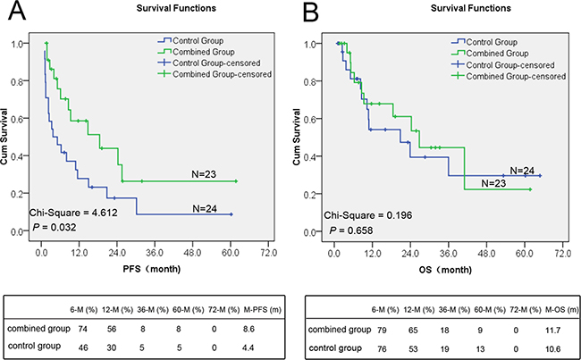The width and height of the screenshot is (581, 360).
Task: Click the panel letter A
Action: (x=17, y=11)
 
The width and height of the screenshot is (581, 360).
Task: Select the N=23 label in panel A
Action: (x=204, y=173)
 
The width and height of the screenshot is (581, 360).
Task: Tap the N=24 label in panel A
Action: (x=205, y=209)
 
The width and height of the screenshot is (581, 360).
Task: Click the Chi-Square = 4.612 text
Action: (x=73, y=213)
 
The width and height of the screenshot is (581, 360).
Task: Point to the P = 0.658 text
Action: (x=351, y=230)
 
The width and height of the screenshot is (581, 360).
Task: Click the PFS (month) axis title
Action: (x=152, y=269)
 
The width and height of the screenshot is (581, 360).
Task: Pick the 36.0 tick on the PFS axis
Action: (x=155, y=253)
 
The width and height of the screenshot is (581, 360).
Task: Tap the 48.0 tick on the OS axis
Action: (x=486, y=254)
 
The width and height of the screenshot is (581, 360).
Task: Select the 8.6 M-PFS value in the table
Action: (x=248, y=329)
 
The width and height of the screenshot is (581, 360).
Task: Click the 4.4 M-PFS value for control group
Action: (x=248, y=347)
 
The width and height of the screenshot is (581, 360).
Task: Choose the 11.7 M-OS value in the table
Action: (x=552, y=330)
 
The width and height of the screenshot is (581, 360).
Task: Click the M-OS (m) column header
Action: (x=560, y=310)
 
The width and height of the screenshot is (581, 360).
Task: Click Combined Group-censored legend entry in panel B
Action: (x=509, y=76)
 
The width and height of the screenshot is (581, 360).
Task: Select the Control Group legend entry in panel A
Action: (x=190, y=41)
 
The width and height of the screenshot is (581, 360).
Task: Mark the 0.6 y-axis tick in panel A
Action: (x=17, y=119)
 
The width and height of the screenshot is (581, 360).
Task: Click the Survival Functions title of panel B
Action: (x=470, y=8)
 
